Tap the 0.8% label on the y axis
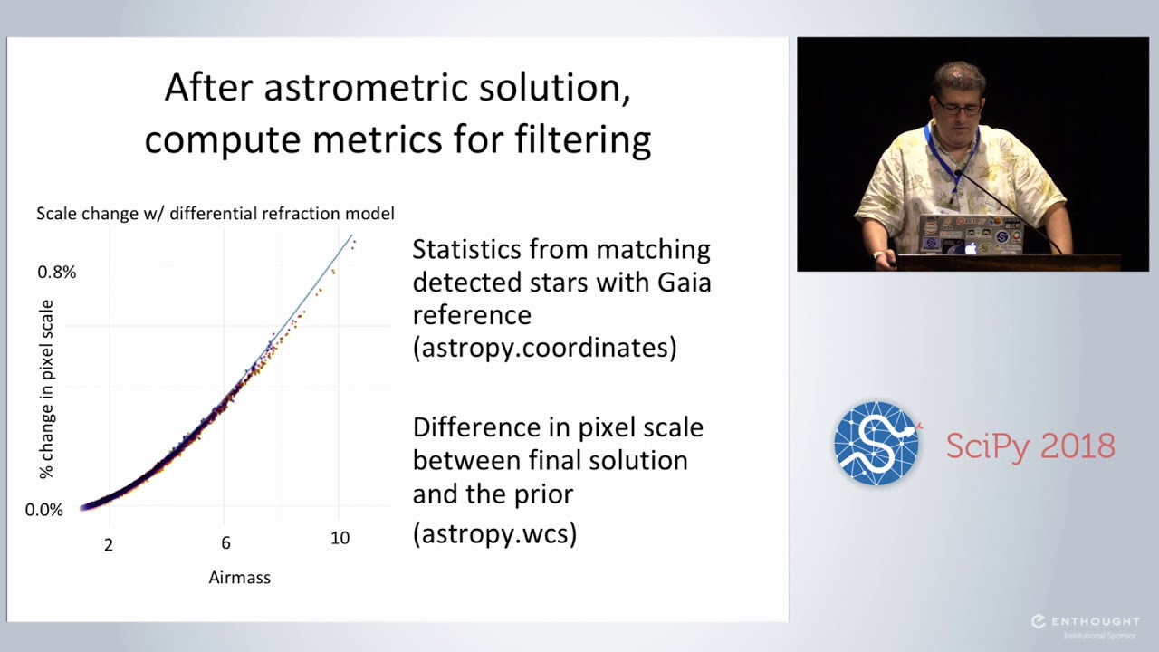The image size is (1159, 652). (56, 272)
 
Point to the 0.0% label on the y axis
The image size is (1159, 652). (44, 510)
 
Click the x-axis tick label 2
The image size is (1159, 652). (109, 544)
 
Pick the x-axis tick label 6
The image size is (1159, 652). (225, 542)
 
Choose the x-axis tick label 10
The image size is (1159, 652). (340, 538)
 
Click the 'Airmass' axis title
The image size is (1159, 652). (239, 577)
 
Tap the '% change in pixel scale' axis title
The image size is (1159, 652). (46, 389)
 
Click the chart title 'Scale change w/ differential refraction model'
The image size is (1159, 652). (216, 214)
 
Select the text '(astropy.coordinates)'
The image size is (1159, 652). (544, 348)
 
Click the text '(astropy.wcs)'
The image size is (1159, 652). (494, 533)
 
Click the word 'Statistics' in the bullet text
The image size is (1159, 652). (466, 249)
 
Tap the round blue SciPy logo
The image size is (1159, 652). (876, 444)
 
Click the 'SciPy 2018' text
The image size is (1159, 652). (1030, 446)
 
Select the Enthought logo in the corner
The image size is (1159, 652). (1085, 622)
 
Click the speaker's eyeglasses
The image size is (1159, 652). (958, 107)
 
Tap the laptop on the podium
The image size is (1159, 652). (969, 234)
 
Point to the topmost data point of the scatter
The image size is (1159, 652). (354, 240)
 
